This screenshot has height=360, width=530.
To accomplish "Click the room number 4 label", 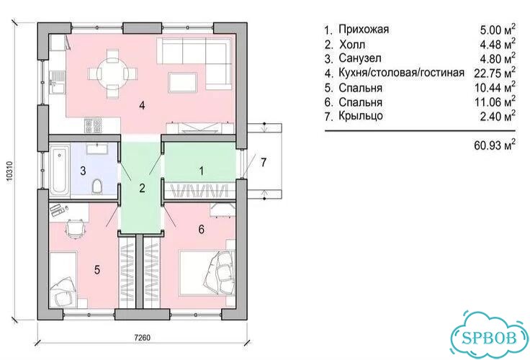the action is [x=142, y=105].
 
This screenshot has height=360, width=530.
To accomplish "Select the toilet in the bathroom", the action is [x=96, y=186].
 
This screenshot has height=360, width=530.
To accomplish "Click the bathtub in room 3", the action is [x=60, y=170].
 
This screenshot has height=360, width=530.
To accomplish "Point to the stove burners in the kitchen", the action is [x=93, y=125].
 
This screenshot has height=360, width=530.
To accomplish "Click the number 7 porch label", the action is [x=264, y=162].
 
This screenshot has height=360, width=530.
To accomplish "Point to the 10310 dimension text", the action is [x=9, y=172].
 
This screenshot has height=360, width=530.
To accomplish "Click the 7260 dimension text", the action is [x=143, y=338].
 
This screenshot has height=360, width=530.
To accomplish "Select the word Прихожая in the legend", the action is [x=364, y=30].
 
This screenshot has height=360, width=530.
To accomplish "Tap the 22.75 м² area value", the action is [x=495, y=73].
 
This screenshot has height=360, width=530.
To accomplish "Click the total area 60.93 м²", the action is [x=495, y=145].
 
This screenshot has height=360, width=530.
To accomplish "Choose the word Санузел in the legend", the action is [x=360, y=58].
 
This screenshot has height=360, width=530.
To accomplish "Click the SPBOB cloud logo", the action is [x=489, y=338].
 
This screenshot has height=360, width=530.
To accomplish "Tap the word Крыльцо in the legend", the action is [x=361, y=116].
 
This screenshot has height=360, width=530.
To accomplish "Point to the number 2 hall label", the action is [x=142, y=188].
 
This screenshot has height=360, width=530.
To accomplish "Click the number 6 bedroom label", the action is [x=201, y=230].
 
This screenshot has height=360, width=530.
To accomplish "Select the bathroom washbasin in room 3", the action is [x=97, y=148].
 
